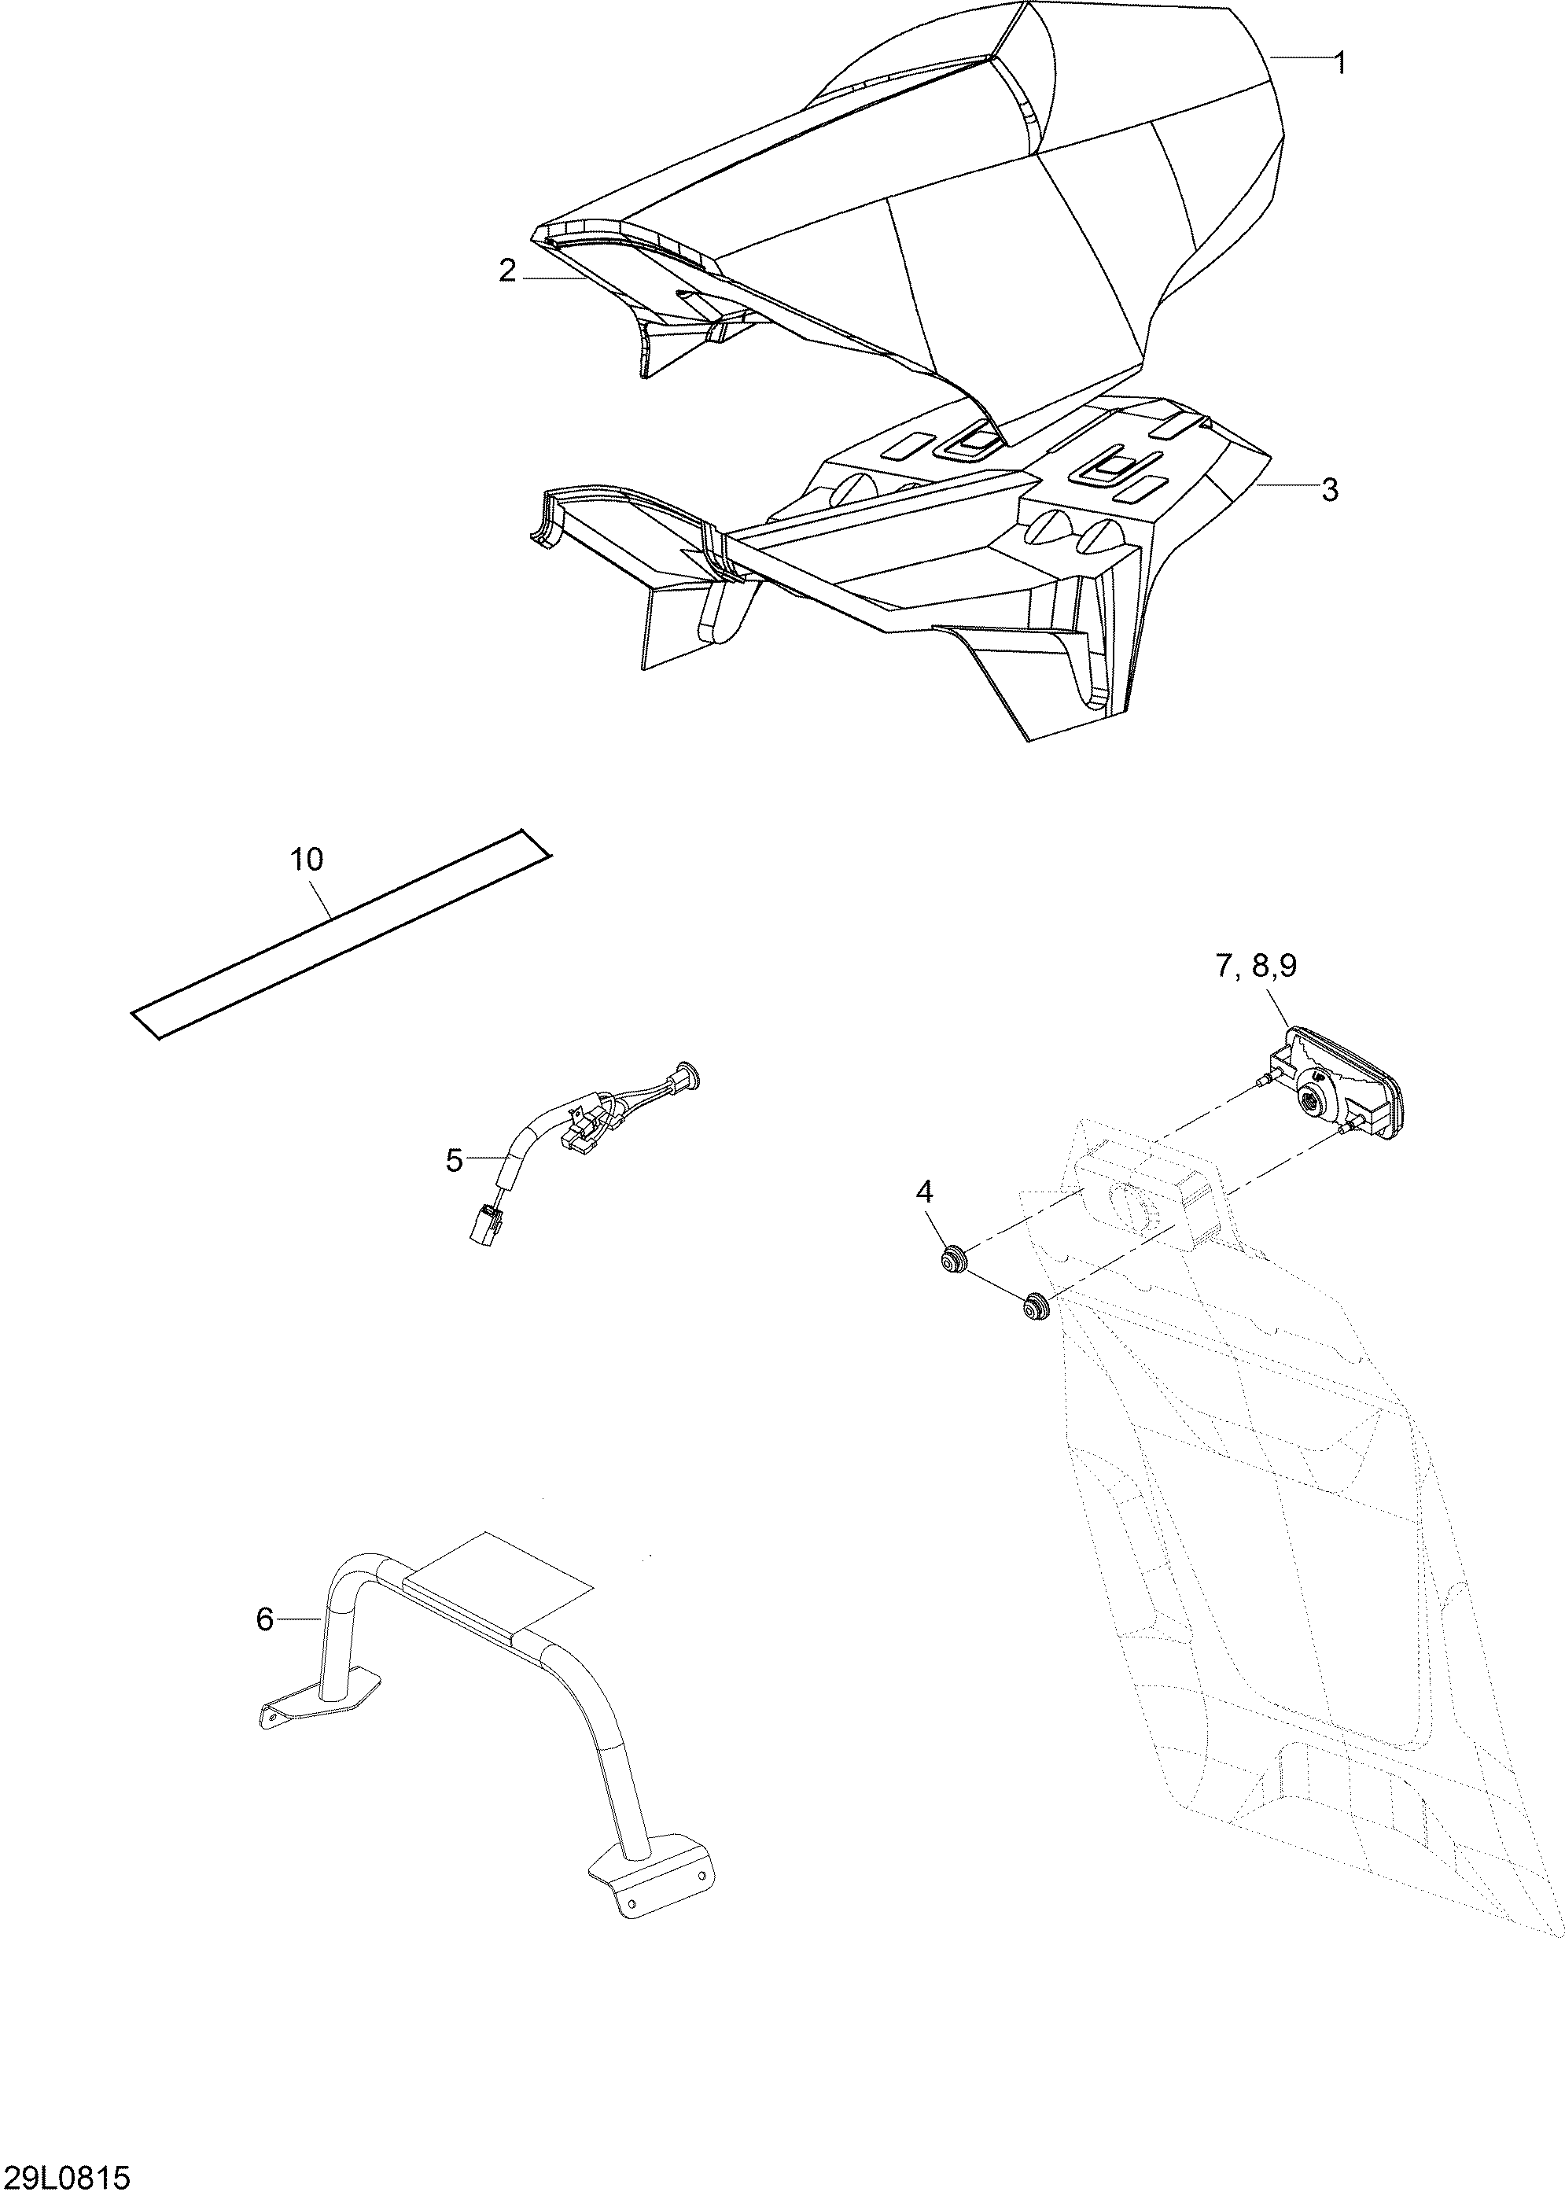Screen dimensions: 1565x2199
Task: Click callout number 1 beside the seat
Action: [x=1339, y=64]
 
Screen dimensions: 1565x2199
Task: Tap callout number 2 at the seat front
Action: [x=508, y=272]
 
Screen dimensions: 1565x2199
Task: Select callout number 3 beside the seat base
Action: [x=1330, y=491]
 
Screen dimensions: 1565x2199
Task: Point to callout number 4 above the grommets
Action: [x=924, y=1193]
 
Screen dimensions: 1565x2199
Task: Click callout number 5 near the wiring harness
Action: [x=455, y=1161]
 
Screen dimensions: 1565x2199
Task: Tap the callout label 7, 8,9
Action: [x=1256, y=967]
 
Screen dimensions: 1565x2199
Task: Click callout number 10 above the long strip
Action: [x=307, y=860]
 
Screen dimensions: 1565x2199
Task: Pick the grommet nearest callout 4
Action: [x=954, y=1258]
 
